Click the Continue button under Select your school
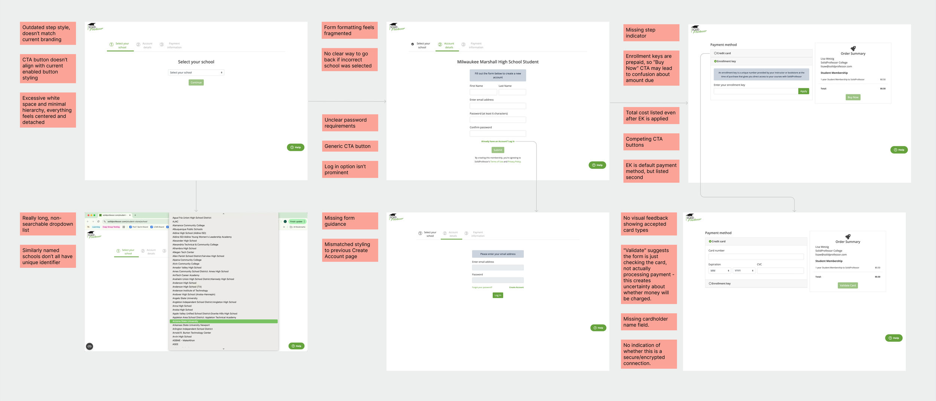point(196,82)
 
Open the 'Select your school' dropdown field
point(196,73)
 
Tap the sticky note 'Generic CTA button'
point(350,146)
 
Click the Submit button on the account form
point(498,150)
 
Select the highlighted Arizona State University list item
point(224,321)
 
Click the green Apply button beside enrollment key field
point(803,91)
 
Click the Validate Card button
point(848,285)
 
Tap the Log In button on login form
point(498,295)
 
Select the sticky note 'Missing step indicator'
point(651,33)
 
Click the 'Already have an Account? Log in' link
point(498,141)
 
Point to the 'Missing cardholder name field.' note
point(648,322)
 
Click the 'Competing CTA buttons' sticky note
point(651,142)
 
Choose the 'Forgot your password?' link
point(482,287)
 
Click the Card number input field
point(756,257)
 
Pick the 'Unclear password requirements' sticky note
point(350,123)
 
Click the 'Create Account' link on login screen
point(516,287)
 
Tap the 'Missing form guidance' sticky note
point(350,221)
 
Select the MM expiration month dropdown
point(719,270)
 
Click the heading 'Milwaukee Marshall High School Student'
point(498,62)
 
